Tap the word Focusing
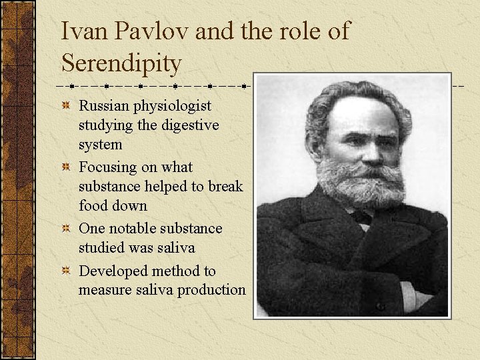coord(107,167)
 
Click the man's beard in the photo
coord(360,183)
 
